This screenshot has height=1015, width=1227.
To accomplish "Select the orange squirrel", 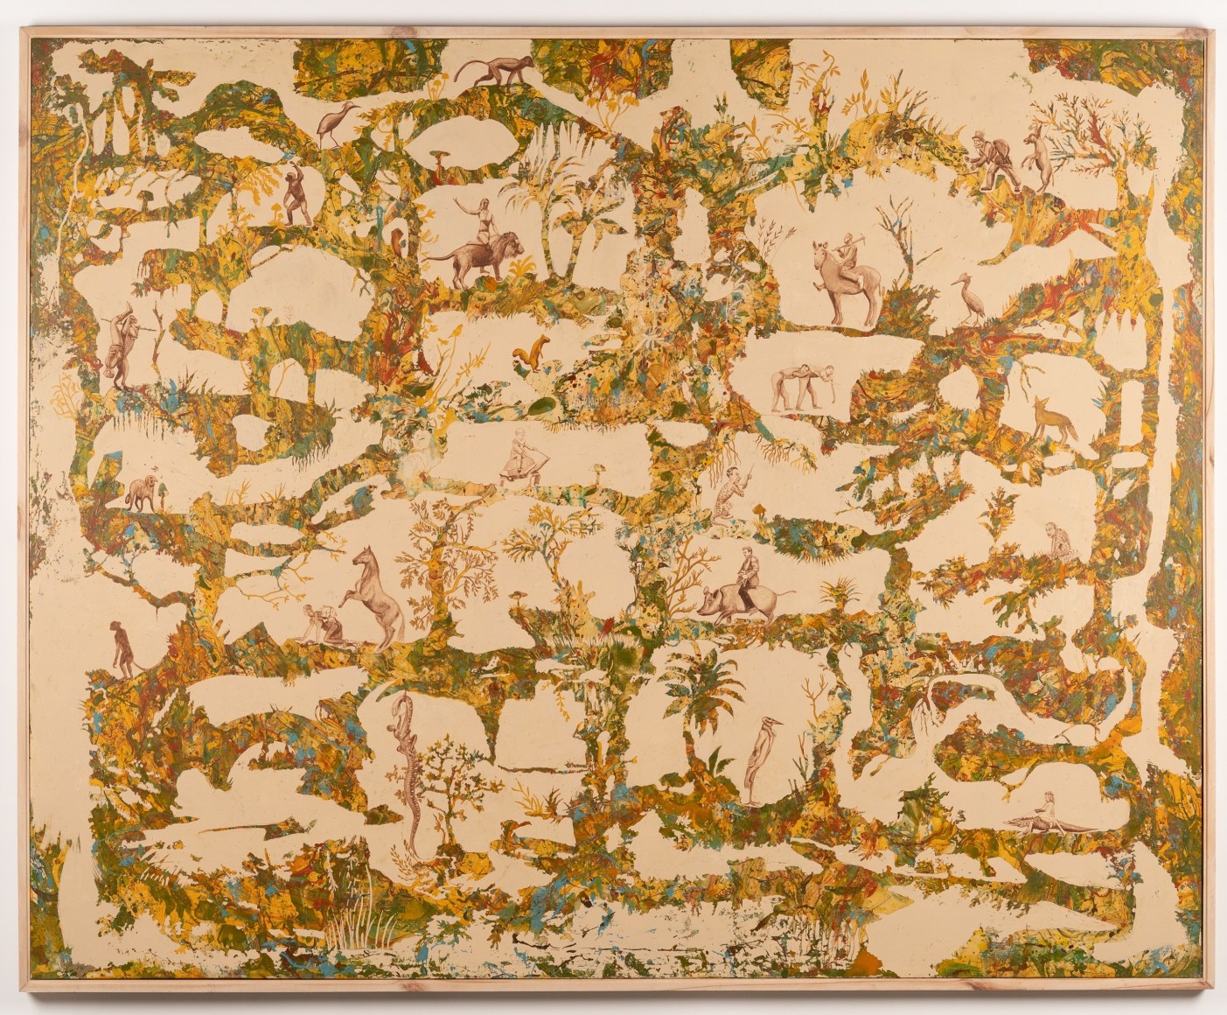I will point(525,353).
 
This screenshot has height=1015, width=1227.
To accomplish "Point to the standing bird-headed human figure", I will point(756,752).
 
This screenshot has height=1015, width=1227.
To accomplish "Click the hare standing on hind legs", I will point(1038,156).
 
